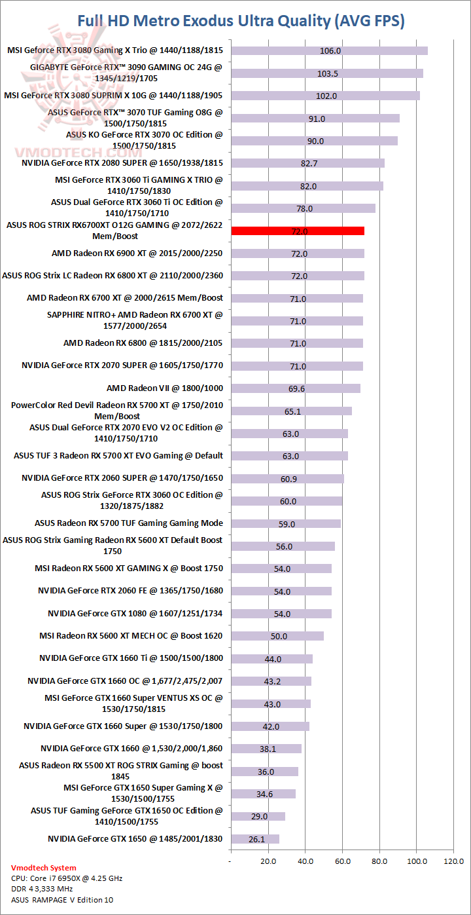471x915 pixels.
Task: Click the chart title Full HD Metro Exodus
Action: pos(241,21)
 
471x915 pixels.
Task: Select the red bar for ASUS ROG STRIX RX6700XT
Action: pos(297,231)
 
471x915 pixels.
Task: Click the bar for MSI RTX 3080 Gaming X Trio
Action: pos(329,50)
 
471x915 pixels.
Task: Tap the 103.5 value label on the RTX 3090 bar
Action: pos(327,73)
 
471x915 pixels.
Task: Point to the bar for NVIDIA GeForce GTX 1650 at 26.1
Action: pos(255,839)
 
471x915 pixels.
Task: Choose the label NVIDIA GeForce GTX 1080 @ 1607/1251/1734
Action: pos(135,614)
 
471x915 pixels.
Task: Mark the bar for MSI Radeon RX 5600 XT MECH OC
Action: pos(277,636)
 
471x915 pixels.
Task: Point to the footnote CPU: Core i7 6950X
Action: pos(67,878)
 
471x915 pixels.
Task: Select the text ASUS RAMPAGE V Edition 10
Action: pos(58,900)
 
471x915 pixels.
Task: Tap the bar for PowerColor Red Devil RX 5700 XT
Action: pos(291,411)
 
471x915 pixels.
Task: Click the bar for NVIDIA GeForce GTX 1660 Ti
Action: pos(271,659)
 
